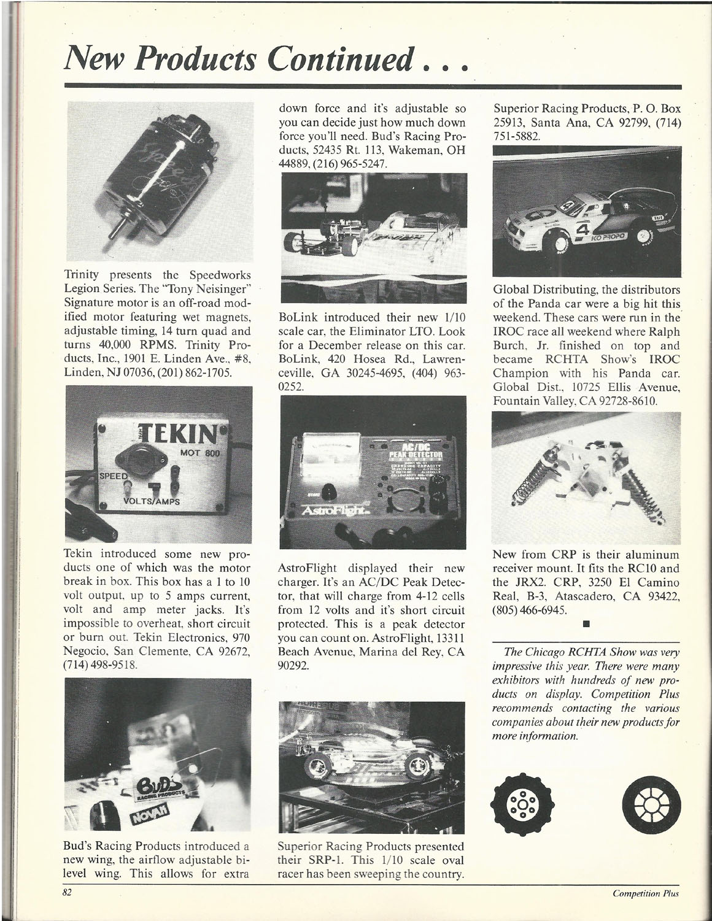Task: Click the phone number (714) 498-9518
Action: (98, 665)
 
